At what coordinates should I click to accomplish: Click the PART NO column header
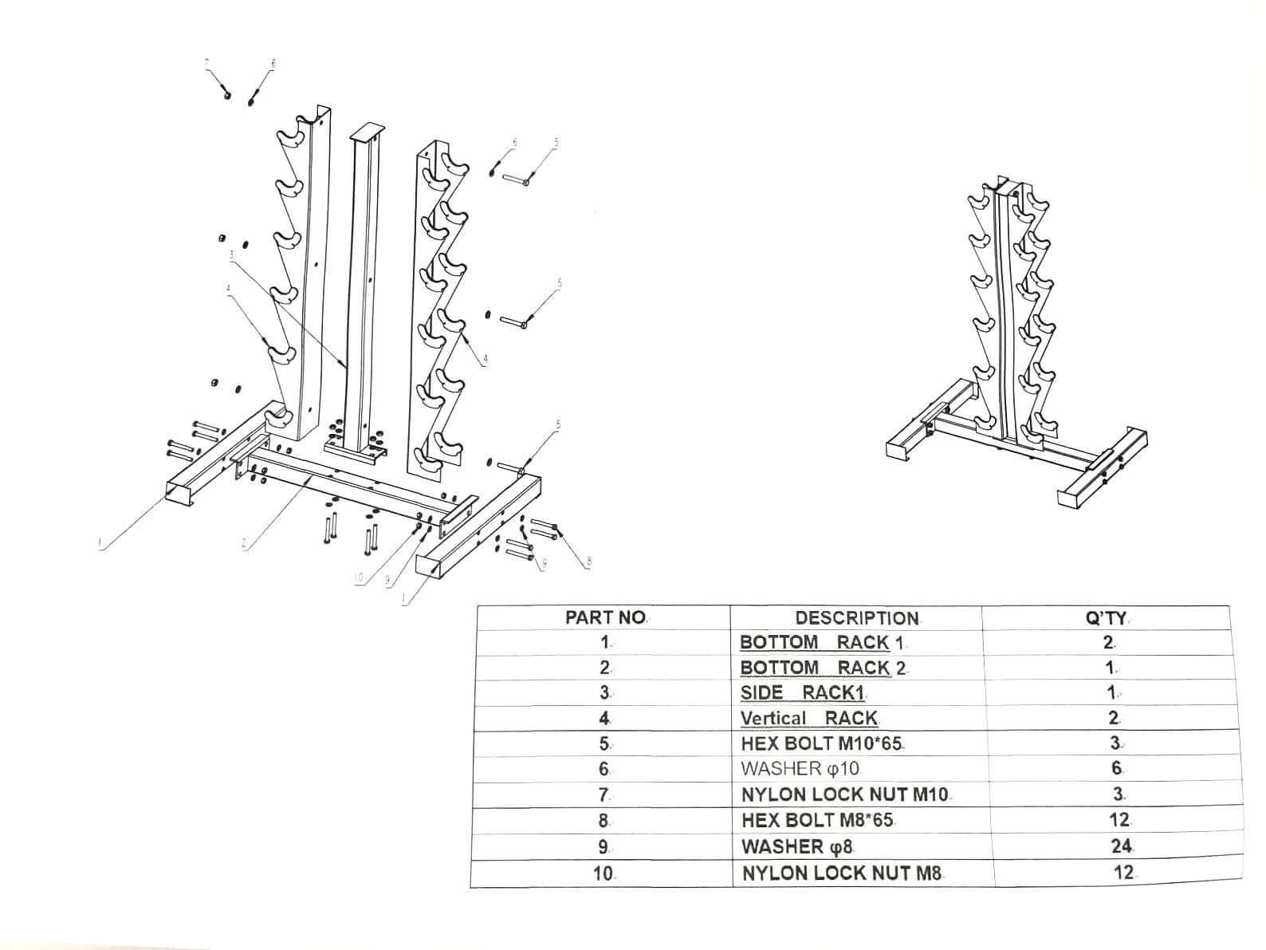point(605,617)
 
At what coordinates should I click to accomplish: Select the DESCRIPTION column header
point(856,618)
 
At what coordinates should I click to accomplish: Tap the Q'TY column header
point(1105,618)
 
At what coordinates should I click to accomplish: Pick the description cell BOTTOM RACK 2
point(823,668)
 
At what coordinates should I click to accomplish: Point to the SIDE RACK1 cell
point(803,692)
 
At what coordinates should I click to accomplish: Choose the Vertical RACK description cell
point(808,718)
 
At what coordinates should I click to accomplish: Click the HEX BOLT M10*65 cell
point(821,743)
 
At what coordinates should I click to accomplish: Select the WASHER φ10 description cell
point(800,769)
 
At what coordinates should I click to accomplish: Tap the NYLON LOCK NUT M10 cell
point(844,794)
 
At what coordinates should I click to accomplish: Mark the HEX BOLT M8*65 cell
point(823,820)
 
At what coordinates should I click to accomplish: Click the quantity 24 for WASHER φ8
point(1122,846)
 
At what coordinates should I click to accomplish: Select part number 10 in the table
point(603,873)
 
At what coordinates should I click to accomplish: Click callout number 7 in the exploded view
point(206,62)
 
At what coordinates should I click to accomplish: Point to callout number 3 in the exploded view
point(231,255)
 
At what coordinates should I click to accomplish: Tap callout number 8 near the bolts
point(589,562)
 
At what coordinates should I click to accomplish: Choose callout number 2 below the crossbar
point(244,545)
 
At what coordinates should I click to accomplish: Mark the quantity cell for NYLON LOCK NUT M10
point(1118,794)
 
